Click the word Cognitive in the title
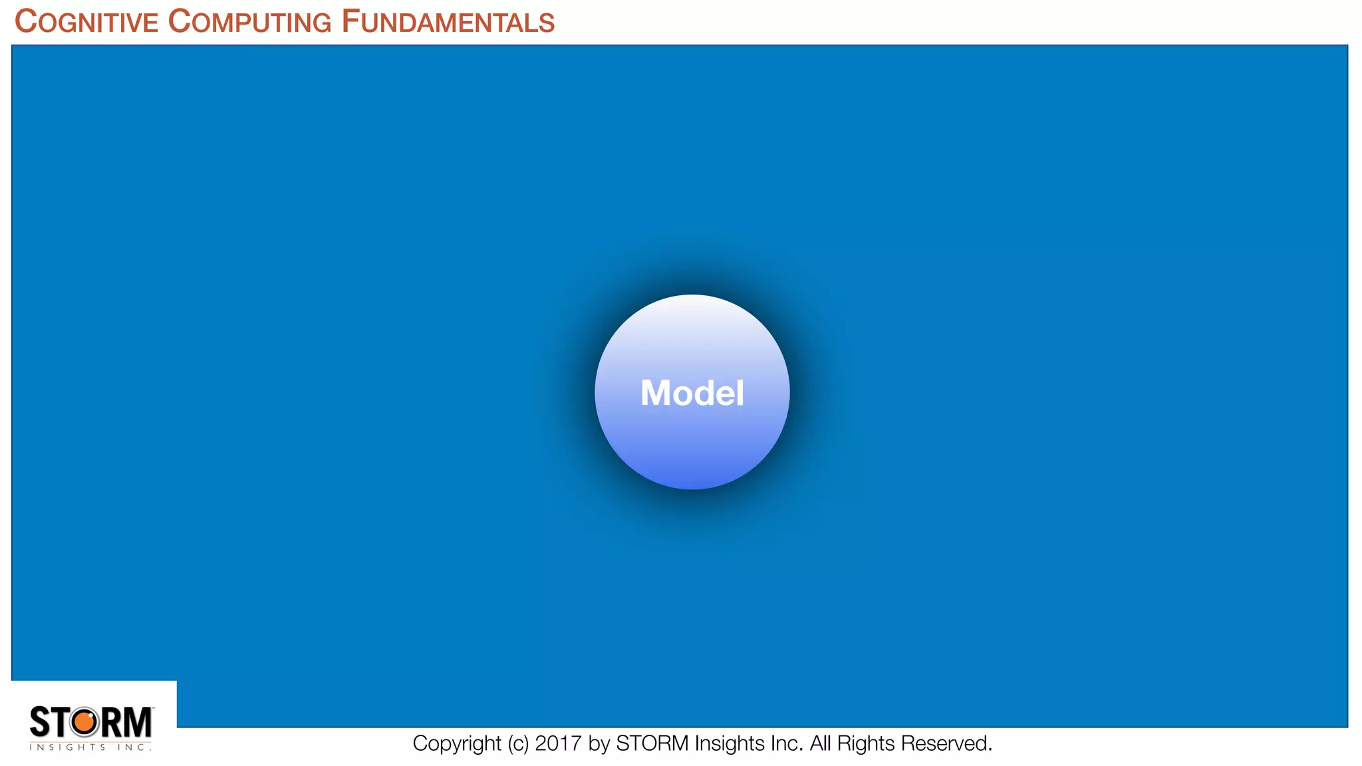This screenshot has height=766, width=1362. [x=86, y=22]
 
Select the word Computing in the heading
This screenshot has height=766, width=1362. [x=249, y=22]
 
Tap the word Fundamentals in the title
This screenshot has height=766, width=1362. [x=448, y=22]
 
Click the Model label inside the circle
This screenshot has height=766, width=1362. [x=692, y=393]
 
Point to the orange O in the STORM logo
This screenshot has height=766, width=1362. [x=84, y=722]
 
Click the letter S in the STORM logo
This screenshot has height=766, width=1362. [x=40, y=722]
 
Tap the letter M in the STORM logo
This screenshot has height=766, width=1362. [x=138, y=722]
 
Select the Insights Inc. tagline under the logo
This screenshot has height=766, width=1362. [x=90, y=747]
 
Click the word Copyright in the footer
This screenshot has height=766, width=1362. [x=457, y=743]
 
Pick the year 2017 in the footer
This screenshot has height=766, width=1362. [x=558, y=743]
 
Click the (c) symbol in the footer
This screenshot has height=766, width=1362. [x=518, y=743]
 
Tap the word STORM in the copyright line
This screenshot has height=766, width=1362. [x=652, y=743]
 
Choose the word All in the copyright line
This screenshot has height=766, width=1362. [x=820, y=743]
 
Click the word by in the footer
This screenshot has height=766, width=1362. [x=599, y=743]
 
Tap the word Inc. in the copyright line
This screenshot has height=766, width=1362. [x=787, y=743]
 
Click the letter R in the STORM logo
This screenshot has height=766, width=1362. [x=110, y=722]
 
